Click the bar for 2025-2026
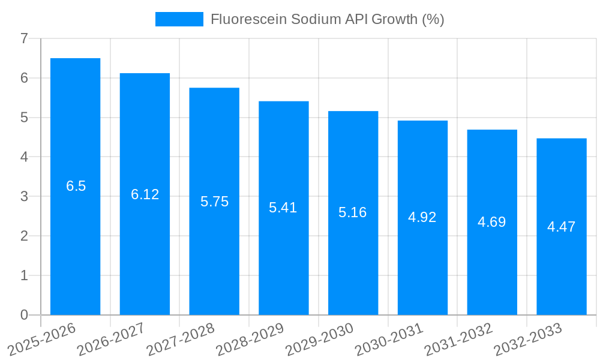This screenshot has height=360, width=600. tap(75, 240)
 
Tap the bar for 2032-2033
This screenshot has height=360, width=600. tap(561, 270)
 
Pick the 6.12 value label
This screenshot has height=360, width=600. tap(145, 194)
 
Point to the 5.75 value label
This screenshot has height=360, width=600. tap(214, 202)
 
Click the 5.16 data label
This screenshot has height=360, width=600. tap(353, 212)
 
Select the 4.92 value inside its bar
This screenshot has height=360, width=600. tap(422, 217)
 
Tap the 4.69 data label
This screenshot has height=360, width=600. tap(492, 222)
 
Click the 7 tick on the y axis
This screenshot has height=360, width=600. tap(24, 38)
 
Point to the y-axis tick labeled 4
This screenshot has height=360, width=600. tap(24, 157)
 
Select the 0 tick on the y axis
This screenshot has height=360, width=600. tap(24, 315)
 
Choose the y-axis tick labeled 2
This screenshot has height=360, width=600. tap(24, 236)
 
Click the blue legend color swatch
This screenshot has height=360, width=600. tap(179, 19)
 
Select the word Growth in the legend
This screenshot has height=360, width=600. tap(394, 19)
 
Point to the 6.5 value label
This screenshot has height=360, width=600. tap(76, 186)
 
